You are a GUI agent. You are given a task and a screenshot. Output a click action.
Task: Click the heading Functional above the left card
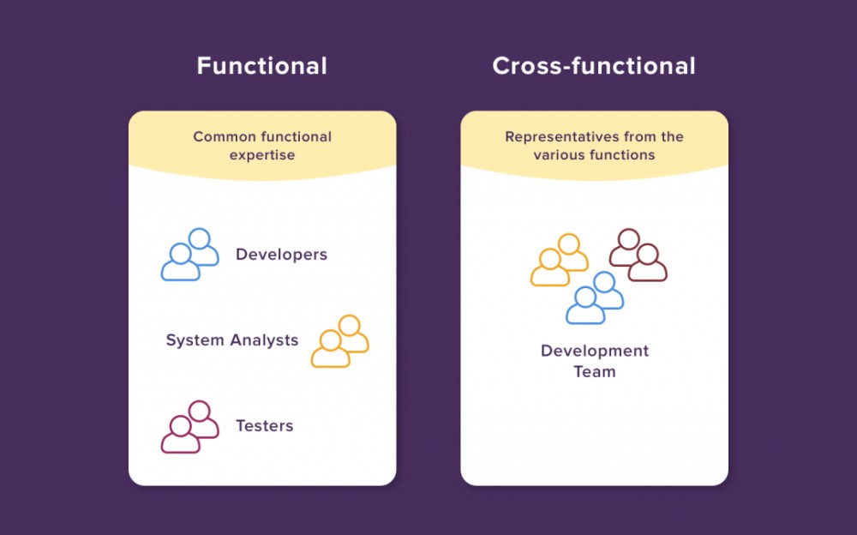coord(261,66)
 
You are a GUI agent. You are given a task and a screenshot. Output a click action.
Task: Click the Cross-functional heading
coord(594,66)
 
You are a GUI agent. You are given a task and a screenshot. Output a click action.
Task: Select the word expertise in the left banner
coord(262,155)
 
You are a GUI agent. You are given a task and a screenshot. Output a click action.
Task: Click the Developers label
coord(281,255)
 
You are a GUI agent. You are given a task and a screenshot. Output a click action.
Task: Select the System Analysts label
coord(232,340)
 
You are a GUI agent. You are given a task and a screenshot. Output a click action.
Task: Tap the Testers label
coord(264,426)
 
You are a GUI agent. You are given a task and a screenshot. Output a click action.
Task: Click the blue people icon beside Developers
coord(190,255)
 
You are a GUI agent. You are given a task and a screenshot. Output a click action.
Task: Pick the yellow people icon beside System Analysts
coord(340,341)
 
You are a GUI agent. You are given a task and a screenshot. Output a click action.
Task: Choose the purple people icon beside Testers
coord(190,427)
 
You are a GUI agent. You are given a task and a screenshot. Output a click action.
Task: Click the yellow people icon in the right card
coord(560,260)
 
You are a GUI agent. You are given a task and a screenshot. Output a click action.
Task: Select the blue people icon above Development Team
coord(595,298)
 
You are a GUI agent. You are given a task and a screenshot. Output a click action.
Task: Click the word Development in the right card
coord(595,351)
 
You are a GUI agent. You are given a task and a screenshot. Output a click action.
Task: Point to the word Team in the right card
coord(595,371)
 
